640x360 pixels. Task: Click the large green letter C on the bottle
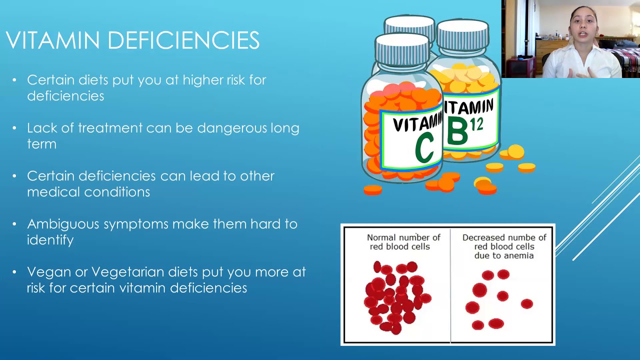pyautogui.click(x=424, y=147)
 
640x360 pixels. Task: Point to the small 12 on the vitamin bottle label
pyautogui.click(x=476, y=125)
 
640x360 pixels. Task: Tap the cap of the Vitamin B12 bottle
pyautogui.click(x=462, y=35)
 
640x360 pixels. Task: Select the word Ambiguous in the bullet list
pyautogui.click(x=63, y=224)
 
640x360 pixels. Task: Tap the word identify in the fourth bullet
pyautogui.click(x=50, y=240)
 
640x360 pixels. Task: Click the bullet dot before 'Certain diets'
pyautogui.click(x=14, y=80)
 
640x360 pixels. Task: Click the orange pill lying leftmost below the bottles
pyautogui.click(x=373, y=189)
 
